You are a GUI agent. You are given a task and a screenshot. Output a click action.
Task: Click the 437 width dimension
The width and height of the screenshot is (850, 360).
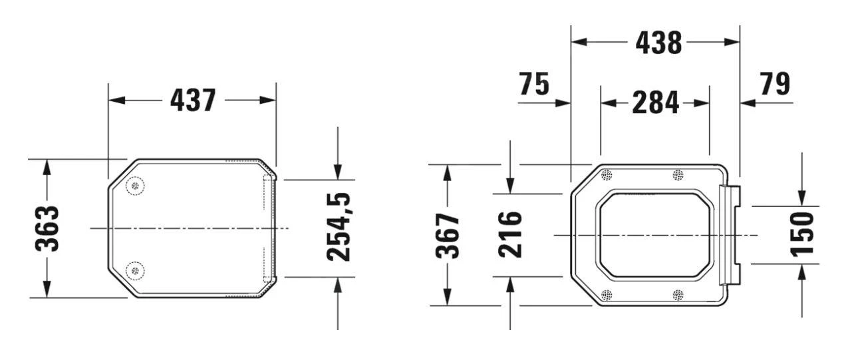[193, 100]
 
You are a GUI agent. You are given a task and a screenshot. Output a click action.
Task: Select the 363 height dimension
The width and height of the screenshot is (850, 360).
[47, 228]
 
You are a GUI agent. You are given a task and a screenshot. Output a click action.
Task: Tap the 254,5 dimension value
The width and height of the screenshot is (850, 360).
[339, 227]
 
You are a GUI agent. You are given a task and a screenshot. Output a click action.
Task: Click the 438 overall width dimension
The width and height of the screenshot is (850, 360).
[658, 43]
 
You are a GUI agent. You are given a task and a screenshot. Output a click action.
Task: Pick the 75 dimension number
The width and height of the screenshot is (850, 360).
[534, 85]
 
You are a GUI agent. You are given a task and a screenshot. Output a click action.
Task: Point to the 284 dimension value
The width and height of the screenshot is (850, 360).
[655, 103]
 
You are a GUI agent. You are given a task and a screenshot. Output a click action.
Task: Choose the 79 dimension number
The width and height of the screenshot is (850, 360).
[773, 85]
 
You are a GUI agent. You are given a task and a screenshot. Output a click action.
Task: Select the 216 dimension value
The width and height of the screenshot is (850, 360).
[510, 235]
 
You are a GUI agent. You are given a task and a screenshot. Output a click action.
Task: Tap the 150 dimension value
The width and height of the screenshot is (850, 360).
[803, 234]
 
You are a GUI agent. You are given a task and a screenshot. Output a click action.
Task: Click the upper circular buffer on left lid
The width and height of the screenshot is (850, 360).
[135, 187]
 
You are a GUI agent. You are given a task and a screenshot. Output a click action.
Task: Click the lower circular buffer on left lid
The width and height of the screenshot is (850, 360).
[135, 270]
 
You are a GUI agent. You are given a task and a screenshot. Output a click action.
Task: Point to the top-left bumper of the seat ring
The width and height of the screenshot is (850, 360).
[606, 175]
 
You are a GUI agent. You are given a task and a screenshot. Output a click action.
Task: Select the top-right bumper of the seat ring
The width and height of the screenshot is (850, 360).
[678, 175]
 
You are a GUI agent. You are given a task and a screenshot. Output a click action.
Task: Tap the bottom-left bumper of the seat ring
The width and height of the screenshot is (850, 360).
[606, 295]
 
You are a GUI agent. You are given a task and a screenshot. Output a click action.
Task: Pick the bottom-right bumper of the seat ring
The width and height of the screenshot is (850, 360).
[678, 295]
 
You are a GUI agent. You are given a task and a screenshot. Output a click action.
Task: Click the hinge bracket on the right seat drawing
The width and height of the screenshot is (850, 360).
[730, 235]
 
